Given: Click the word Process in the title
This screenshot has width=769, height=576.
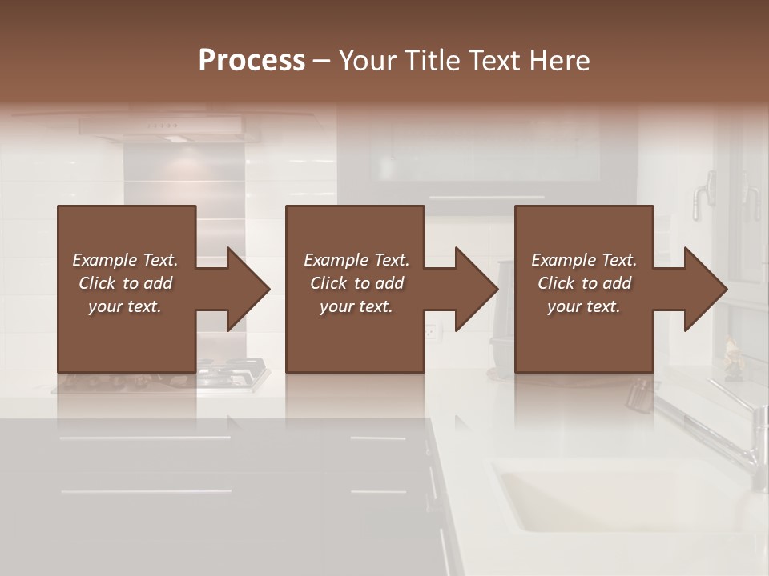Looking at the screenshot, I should [x=252, y=61].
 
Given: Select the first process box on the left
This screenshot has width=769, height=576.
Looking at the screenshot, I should [x=127, y=289].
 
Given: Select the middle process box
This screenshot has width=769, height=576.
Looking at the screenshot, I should [x=355, y=289].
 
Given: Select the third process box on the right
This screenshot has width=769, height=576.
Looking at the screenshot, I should [x=584, y=289].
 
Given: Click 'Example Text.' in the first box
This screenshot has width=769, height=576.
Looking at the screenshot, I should [x=125, y=260].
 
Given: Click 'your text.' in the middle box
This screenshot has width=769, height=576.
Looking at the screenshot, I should [x=356, y=306].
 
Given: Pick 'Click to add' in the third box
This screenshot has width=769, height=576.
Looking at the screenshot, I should [x=584, y=283].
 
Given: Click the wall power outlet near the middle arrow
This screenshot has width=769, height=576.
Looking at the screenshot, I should [x=431, y=330].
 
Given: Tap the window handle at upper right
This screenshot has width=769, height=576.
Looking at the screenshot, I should [x=705, y=192].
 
